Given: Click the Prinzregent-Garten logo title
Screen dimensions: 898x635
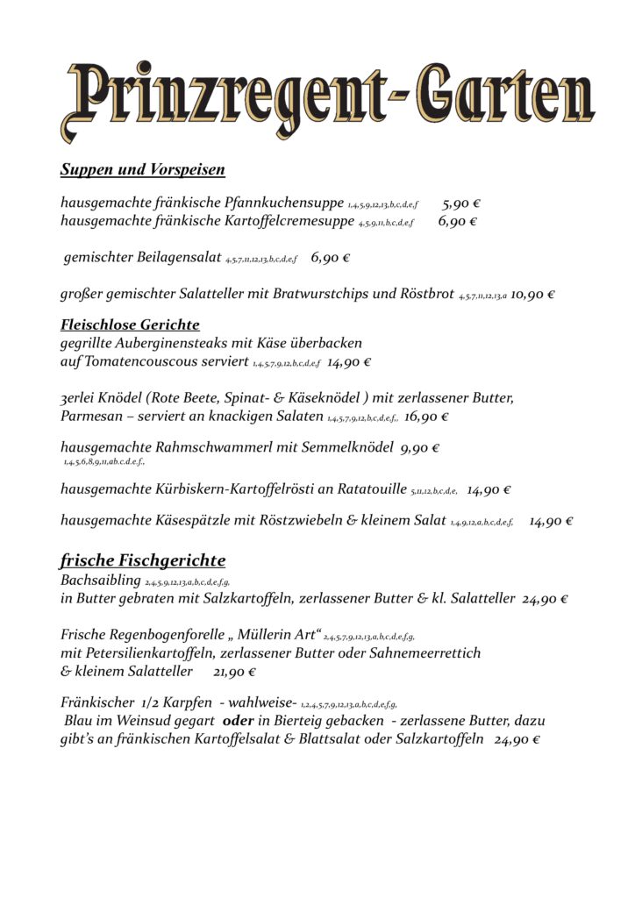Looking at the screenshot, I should tap(326, 101).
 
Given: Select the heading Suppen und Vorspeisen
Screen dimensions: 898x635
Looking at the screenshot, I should tap(142, 169).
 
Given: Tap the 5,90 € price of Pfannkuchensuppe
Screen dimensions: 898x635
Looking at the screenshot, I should tap(460, 203).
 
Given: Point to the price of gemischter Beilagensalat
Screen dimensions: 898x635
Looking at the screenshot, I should tap(331, 258).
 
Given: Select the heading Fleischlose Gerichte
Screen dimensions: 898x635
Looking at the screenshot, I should tap(130, 324).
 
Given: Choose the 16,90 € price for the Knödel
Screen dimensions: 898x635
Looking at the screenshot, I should tap(426, 417).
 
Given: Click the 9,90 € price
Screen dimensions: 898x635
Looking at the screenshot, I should tap(419, 448).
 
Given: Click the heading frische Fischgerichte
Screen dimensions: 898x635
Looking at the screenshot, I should tap(142, 559).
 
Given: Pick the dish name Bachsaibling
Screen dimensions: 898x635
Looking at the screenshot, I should tap(100, 581).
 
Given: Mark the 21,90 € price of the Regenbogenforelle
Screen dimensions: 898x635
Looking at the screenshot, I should tap(234, 672).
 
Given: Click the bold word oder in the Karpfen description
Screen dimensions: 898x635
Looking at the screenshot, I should tap(239, 720).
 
